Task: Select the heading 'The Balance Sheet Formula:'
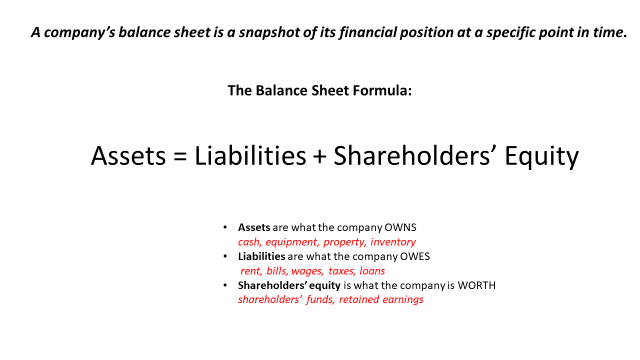tap(319, 90)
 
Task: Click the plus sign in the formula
tap(319, 156)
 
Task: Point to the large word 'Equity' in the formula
tap(541, 156)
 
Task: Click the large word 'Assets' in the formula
tap(128, 156)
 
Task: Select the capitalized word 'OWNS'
tap(400, 227)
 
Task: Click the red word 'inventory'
tap(393, 242)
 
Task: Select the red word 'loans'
tap(372, 271)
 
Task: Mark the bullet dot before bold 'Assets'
tap(225, 228)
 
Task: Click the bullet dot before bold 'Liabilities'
tap(225, 256)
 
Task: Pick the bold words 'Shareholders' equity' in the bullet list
tap(289, 285)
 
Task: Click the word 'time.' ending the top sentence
tap(610, 32)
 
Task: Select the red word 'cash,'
tap(249, 242)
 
